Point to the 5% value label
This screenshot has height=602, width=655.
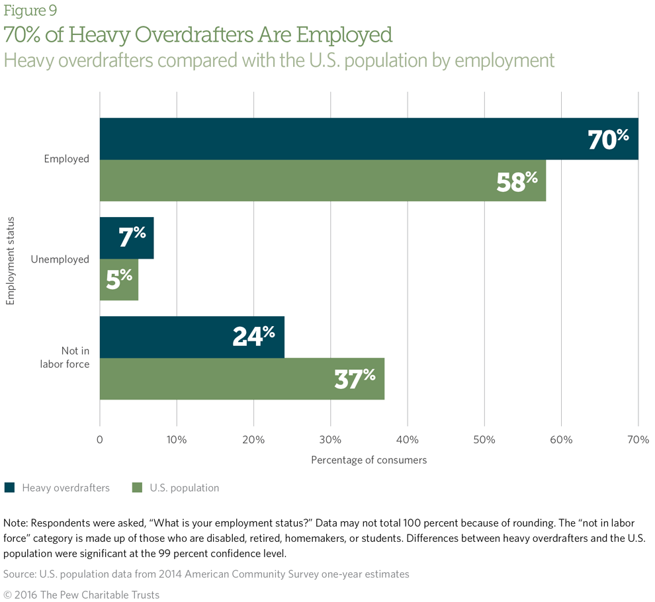pyautogui.click(x=120, y=279)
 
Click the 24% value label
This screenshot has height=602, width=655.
pyautogui.click(x=253, y=336)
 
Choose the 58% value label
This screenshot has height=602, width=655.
pyautogui.click(x=517, y=181)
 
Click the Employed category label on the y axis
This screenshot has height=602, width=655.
pyautogui.click(x=66, y=159)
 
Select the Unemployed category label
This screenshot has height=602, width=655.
pyautogui.click(x=60, y=259)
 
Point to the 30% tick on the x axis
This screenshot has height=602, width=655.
pyautogui.click(x=330, y=440)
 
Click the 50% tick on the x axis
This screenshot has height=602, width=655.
pyautogui.click(x=484, y=440)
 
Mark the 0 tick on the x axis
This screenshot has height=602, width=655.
pyautogui.click(x=100, y=440)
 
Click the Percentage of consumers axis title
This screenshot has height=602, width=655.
pyautogui.click(x=369, y=460)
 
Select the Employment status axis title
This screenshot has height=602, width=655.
pyautogui.click(x=10, y=259)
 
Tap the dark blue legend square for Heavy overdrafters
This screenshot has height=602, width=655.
pyautogui.click(x=9, y=488)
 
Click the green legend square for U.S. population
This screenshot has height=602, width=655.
pyautogui.click(x=137, y=488)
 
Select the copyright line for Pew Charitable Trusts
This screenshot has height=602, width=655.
pyautogui.click(x=81, y=595)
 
